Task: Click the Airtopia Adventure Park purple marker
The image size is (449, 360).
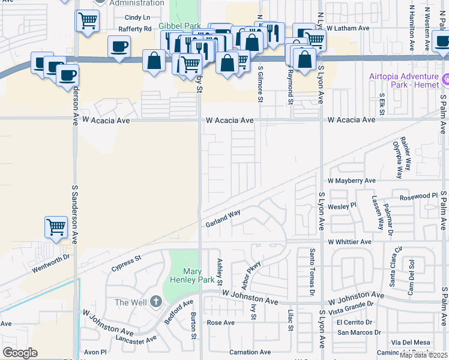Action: tap(445, 79)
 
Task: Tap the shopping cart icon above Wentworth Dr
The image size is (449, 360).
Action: tap(55, 227)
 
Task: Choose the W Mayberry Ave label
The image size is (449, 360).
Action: tap(351, 180)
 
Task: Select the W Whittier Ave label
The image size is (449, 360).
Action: tap(349, 242)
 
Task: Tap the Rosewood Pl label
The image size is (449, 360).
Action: tap(418, 196)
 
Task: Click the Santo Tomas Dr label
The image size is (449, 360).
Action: tap(312, 272)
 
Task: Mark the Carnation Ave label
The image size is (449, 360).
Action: tap(250, 352)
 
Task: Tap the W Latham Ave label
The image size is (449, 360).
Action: tap(348, 28)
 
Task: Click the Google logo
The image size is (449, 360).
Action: tap(20, 352)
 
